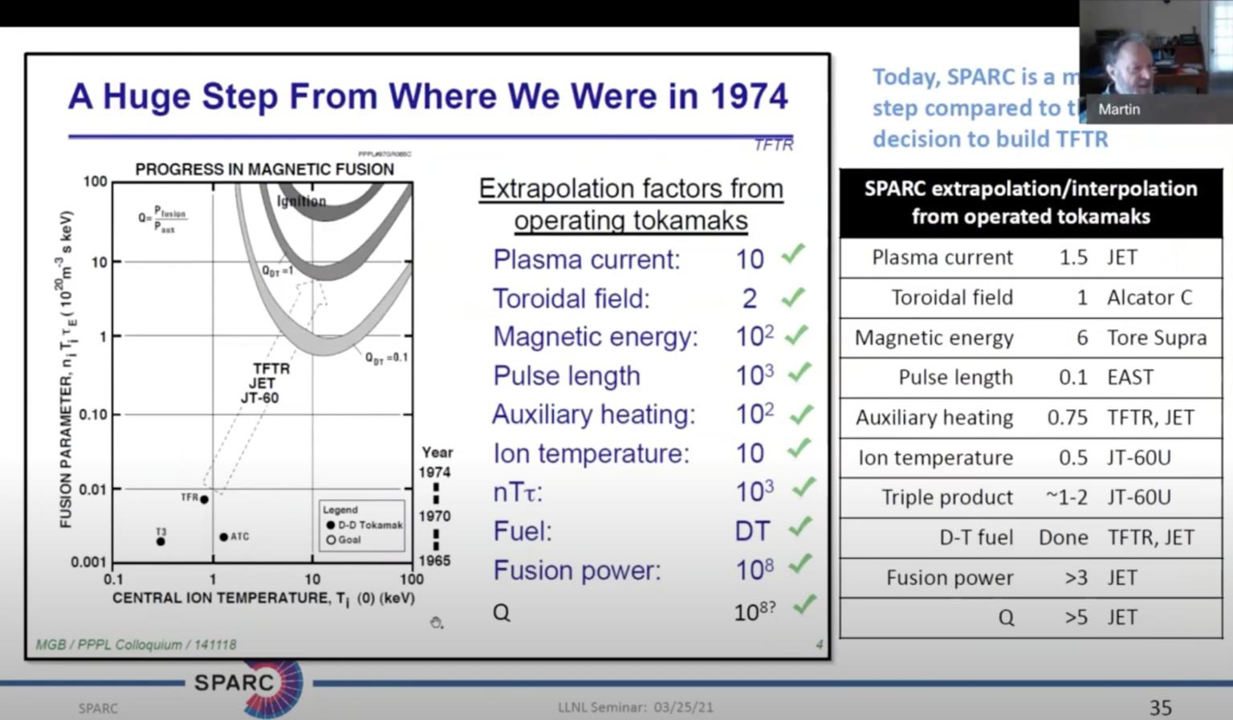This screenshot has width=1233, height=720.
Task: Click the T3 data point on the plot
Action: [161, 542]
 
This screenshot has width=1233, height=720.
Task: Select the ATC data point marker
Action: [224, 537]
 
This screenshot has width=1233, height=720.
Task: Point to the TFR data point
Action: [205, 500]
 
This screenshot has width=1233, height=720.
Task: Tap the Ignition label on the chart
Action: [302, 201]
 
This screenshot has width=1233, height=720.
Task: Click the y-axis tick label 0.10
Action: [93, 415]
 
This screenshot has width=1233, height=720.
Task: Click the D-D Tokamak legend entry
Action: [364, 525]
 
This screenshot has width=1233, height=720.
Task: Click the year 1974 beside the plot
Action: [434, 472]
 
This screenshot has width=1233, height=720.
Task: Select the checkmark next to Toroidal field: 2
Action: [793, 297]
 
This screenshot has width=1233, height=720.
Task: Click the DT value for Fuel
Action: [752, 531]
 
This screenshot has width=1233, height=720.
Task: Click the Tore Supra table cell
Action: [1157, 337]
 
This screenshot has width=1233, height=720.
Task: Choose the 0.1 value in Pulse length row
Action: [1072, 378]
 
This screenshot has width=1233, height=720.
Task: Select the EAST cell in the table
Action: [1130, 378]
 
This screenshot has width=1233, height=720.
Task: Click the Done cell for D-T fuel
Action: [1063, 538]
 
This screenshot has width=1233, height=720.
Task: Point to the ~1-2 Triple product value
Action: [1066, 497]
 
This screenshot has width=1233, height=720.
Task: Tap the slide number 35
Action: [1161, 708]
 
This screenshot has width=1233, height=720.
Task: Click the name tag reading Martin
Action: [1119, 109]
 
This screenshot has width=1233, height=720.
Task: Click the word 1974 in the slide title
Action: [749, 96]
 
